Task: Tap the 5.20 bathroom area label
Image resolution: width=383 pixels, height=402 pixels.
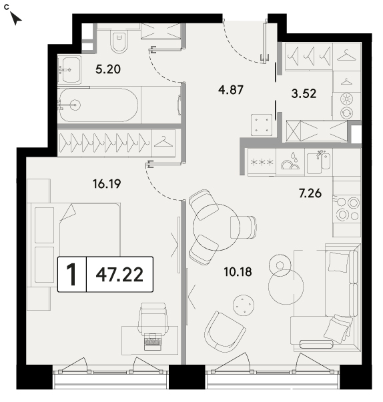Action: [x=108, y=69]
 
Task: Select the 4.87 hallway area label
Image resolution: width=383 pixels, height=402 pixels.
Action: [x=231, y=90]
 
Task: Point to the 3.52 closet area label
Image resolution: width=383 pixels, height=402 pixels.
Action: [x=304, y=93]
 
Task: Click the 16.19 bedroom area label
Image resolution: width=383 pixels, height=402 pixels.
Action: [x=107, y=184]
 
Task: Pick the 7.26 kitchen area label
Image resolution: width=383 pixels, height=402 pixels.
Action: [x=310, y=193]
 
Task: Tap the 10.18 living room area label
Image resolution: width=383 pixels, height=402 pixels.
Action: [x=238, y=272]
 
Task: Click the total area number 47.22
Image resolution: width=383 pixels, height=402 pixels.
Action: [x=119, y=275]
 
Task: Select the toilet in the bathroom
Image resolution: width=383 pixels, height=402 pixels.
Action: [x=119, y=42]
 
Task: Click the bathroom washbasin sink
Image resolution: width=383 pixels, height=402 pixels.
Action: [x=69, y=70]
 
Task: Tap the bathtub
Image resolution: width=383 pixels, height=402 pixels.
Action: [x=99, y=105]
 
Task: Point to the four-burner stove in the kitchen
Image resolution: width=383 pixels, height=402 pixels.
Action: [x=346, y=209]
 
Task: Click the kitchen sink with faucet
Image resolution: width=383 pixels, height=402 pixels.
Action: [x=319, y=163]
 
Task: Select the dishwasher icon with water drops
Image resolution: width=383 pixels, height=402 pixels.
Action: [x=291, y=162]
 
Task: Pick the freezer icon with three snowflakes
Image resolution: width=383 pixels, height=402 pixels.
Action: [x=262, y=162]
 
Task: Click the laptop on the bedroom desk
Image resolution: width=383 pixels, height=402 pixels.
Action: [x=153, y=341]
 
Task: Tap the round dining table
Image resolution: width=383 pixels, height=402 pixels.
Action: [x=216, y=227]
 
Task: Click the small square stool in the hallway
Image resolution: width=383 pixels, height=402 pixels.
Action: [x=262, y=125]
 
